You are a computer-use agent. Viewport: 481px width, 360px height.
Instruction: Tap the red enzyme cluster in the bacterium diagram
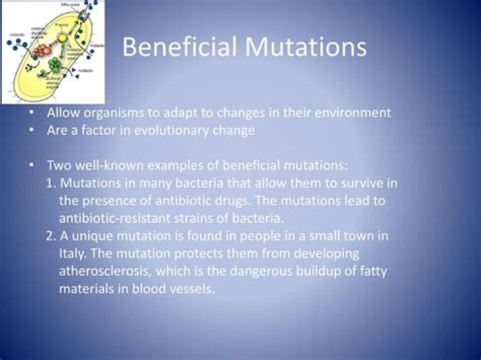(41, 50)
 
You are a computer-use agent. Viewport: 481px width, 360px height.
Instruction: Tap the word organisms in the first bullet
(112, 113)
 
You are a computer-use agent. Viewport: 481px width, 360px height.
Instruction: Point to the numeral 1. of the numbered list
(51, 182)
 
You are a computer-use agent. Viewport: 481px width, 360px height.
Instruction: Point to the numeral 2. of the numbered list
(51, 236)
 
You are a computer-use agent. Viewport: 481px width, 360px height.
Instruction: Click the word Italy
(72, 254)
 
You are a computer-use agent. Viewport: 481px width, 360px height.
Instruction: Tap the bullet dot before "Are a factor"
(31, 131)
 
